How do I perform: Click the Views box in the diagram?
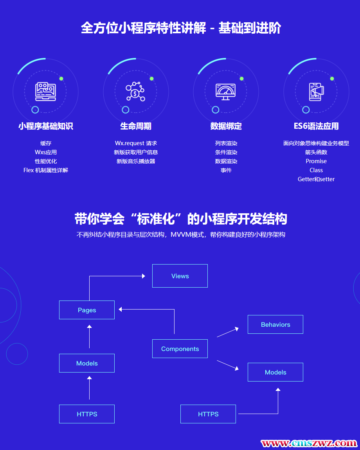tap(180, 276)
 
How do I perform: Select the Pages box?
tap(87, 310)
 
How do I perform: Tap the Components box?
tap(180, 349)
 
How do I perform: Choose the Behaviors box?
tap(275, 324)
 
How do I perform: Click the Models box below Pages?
tap(87, 363)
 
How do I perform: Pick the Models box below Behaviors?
tap(275, 372)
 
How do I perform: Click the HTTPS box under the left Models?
tap(87, 414)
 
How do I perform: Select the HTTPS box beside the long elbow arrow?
tap(208, 414)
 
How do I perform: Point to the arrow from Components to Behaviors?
tap(228, 332)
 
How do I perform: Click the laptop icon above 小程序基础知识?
tap(45, 92)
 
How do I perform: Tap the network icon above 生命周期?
tap(135, 92)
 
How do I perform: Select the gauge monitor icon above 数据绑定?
tap(226, 92)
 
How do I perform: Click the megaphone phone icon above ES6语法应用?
tap(316, 92)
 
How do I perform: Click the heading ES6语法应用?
tap(316, 126)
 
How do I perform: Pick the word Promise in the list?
tap(316, 161)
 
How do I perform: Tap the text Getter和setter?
tap(316, 179)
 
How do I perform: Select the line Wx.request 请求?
tap(136, 143)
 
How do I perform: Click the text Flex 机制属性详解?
tap(46, 170)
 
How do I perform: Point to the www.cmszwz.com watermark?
tap(309, 443)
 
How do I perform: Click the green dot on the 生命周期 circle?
tap(151, 79)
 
